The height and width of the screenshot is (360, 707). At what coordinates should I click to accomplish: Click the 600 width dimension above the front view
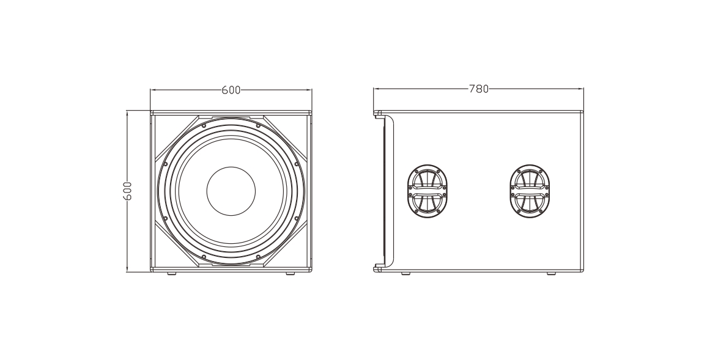pyautogui.click(x=231, y=90)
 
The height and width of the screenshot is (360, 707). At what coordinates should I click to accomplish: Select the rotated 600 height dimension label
pyautogui.click(x=128, y=191)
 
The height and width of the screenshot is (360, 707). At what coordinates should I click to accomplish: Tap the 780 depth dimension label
pyautogui.click(x=478, y=89)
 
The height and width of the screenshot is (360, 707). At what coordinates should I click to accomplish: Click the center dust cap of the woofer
pyautogui.click(x=231, y=191)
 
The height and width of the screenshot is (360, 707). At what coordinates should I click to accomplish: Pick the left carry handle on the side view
pyautogui.click(x=428, y=191)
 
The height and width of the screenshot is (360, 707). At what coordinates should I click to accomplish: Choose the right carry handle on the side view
pyautogui.click(x=530, y=191)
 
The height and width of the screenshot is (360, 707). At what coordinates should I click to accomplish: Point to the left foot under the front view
pyautogui.click(x=172, y=273)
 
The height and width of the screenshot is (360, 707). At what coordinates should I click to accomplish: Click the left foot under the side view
pyautogui.click(x=406, y=273)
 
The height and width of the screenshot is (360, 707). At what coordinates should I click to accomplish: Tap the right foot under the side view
pyautogui.click(x=551, y=273)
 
